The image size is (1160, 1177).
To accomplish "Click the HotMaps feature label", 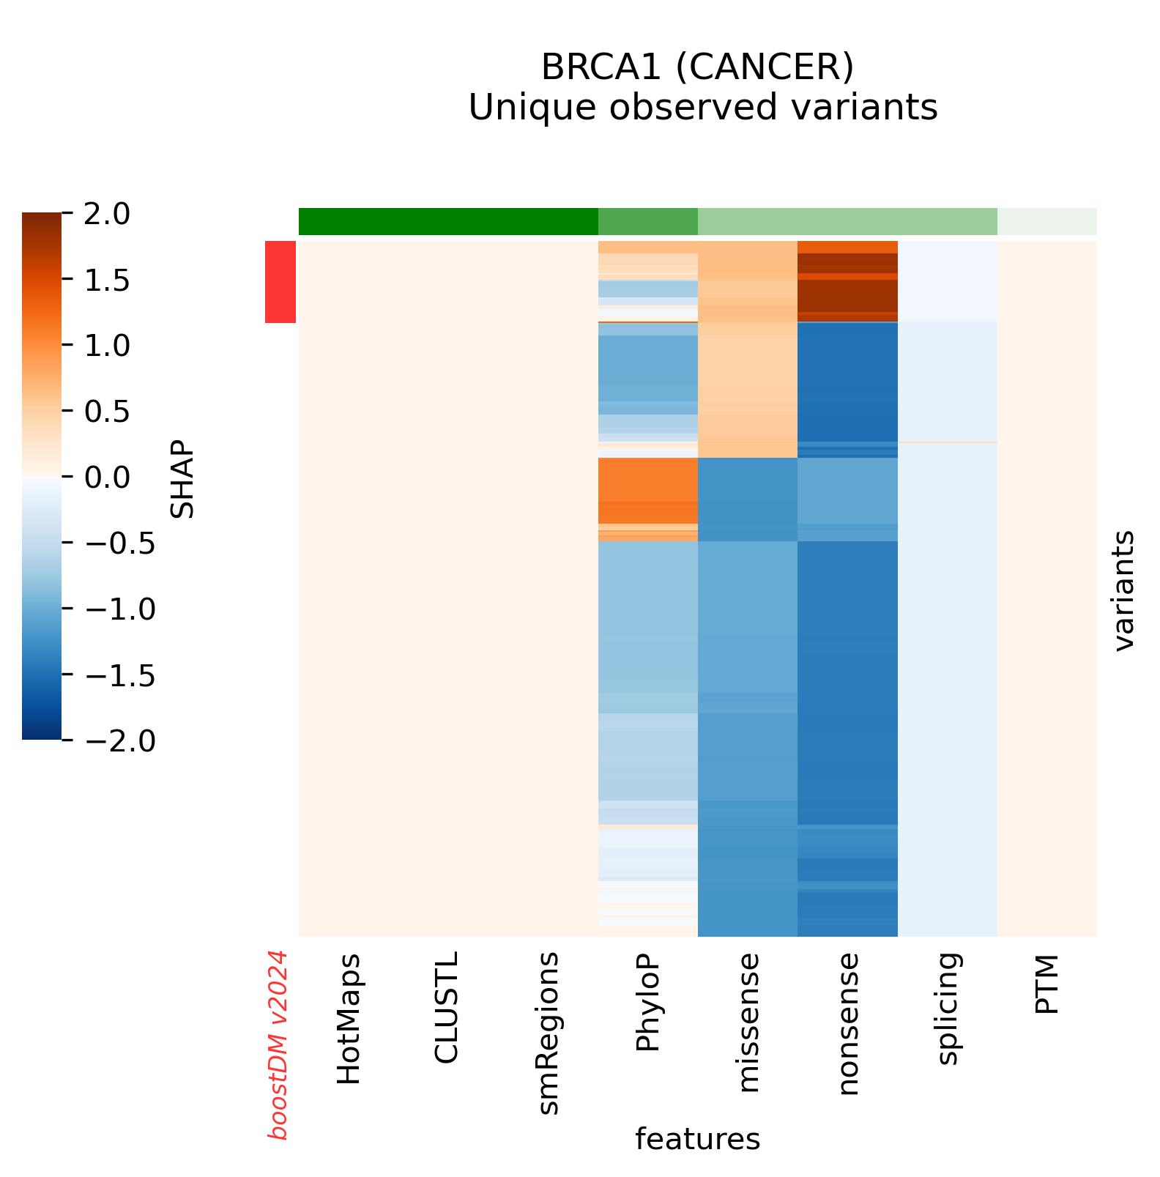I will [349, 1019].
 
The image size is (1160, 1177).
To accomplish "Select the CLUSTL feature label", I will [446, 1007].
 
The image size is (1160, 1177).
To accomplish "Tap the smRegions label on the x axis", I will [548, 1033].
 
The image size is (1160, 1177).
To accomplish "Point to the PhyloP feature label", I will [648, 1002].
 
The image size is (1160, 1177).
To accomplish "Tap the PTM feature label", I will [1047, 984].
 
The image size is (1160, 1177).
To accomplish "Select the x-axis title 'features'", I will [697, 1139].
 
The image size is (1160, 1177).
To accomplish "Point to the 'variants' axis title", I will [1123, 590].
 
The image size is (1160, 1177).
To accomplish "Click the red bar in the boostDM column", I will [280, 282].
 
